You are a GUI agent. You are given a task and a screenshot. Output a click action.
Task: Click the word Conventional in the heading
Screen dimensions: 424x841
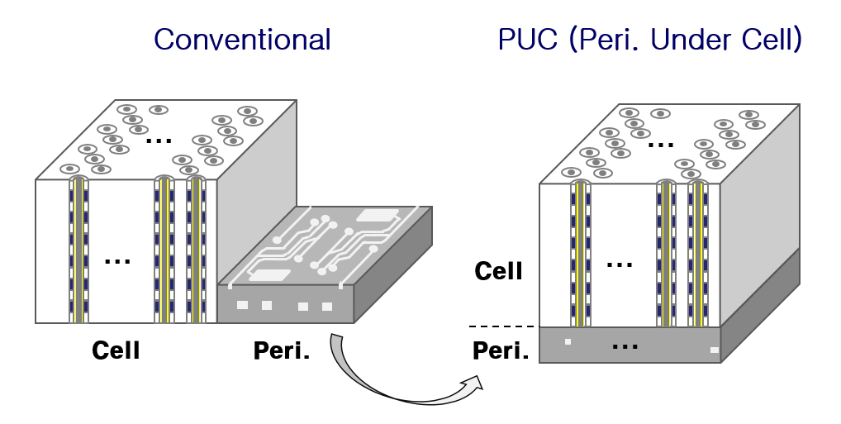pyautogui.click(x=242, y=40)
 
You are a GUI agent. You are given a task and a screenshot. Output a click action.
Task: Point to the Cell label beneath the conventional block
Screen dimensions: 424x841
pyautogui.click(x=116, y=350)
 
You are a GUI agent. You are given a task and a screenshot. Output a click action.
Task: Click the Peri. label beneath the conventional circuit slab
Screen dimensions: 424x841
pyautogui.click(x=282, y=350)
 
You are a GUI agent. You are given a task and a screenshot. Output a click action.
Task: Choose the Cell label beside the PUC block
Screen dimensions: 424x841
pyautogui.click(x=499, y=270)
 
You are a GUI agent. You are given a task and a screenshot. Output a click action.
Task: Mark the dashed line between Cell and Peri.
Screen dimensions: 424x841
pyautogui.click(x=501, y=326)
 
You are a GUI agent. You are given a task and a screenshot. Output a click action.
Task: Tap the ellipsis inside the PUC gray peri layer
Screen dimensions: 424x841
pyautogui.click(x=625, y=345)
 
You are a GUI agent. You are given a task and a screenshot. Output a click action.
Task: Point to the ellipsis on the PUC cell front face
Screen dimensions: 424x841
pyautogui.click(x=620, y=264)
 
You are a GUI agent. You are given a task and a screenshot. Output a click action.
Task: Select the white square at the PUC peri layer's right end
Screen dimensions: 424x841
pyautogui.click(x=715, y=350)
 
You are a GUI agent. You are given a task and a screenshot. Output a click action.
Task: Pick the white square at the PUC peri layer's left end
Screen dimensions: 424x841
pyautogui.click(x=568, y=341)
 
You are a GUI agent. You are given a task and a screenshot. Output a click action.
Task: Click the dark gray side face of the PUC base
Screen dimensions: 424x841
pyautogui.click(x=760, y=310)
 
